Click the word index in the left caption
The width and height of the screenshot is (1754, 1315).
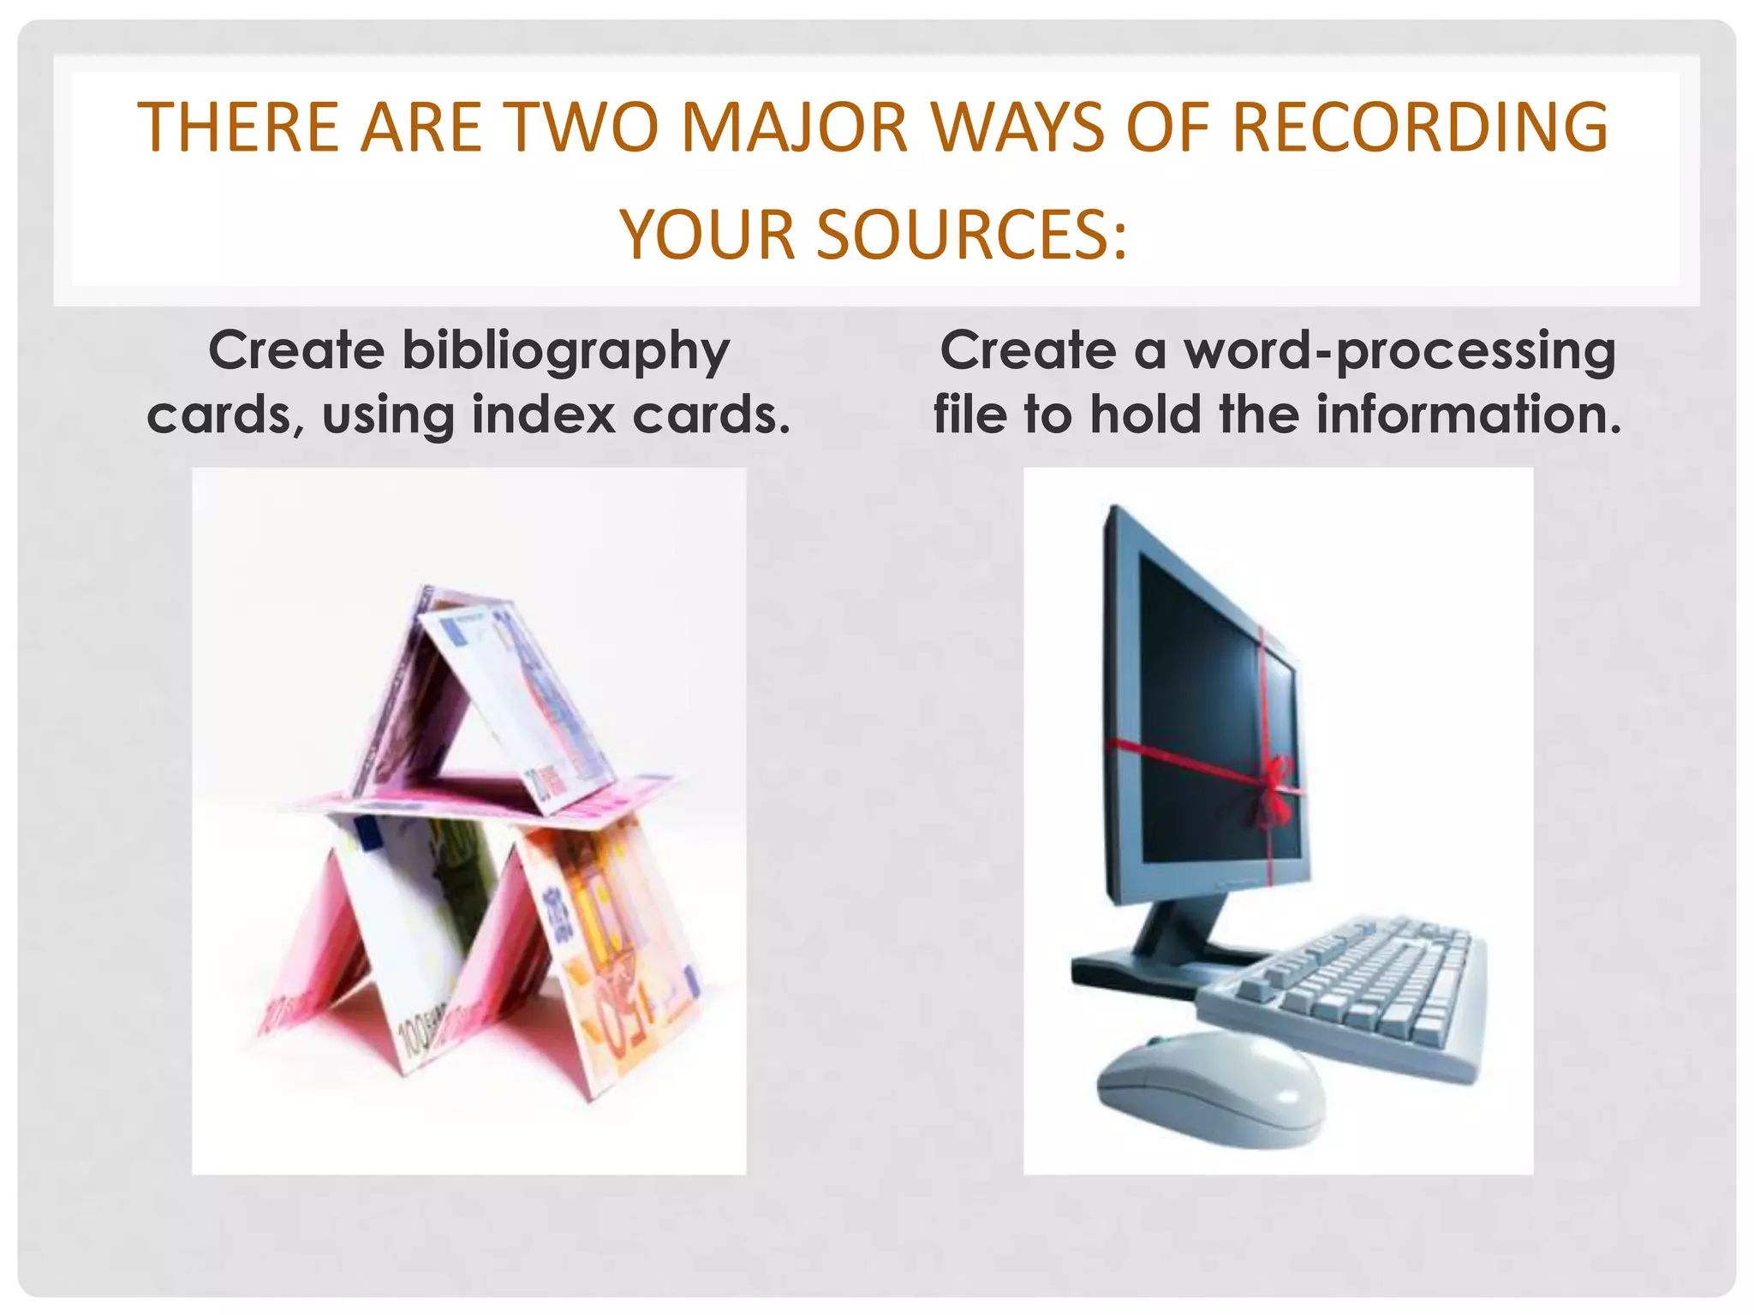[x=543, y=415]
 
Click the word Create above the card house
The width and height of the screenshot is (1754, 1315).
[x=296, y=351]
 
